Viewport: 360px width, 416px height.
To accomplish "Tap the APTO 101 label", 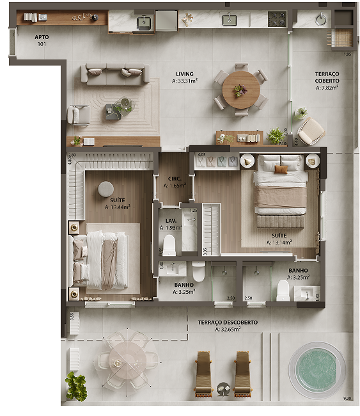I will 42,41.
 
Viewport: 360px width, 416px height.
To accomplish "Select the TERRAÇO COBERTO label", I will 327,78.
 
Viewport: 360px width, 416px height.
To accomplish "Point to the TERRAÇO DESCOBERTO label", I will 219,322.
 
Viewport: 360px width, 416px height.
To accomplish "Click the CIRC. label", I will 175,179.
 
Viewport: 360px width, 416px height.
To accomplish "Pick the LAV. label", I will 170,220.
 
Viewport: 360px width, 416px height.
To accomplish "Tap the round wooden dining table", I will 240,89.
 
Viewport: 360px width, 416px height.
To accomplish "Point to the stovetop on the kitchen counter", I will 276,19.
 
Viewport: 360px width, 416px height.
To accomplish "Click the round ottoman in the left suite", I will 106,188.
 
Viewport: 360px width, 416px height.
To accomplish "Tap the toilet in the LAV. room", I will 169,245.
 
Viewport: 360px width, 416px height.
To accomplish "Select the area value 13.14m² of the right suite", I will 279,243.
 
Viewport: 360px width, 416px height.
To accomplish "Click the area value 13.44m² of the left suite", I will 118,207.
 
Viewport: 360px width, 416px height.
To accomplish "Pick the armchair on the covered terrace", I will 312,131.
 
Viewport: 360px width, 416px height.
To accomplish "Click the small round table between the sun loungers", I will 223,388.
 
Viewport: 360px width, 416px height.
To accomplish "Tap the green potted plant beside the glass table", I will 75,386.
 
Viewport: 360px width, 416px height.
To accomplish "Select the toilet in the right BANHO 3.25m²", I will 282,291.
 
